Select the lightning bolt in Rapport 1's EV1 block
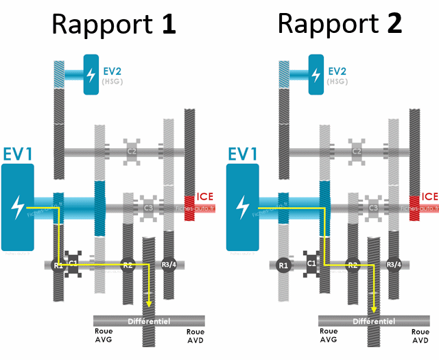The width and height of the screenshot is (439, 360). (21, 206)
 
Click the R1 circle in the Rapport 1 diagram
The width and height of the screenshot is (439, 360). (58, 265)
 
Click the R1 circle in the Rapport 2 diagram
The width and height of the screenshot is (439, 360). (283, 265)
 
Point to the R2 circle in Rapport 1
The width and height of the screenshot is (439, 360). (127, 265)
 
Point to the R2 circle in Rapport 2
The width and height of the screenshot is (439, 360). (353, 265)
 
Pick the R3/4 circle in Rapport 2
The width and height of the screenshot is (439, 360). (394, 265)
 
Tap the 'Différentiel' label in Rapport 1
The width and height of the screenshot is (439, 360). (149, 322)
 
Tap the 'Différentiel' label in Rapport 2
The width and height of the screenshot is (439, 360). (374, 322)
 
